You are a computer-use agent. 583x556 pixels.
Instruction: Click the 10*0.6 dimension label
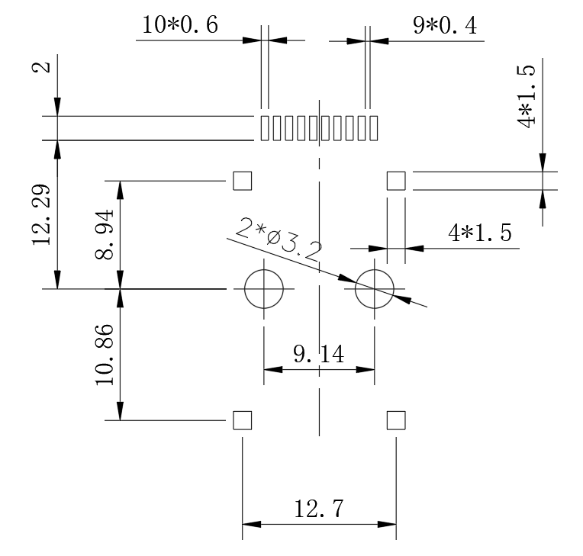pos(180,25)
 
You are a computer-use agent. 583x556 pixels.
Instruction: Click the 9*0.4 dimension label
pos(445,25)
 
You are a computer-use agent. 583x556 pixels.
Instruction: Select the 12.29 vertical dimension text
pos(42,214)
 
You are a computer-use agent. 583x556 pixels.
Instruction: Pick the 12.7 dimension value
pos(319,509)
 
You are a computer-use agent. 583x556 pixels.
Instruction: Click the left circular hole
pos(264,289)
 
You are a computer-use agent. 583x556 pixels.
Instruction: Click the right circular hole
pos(374,289)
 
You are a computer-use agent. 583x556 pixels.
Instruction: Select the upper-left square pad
pos(242,181)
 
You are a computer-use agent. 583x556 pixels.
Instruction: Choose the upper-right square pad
pos(396,181)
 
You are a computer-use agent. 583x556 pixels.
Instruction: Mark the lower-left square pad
pos(242,420)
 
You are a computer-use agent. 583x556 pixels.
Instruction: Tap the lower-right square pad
pos(396,420)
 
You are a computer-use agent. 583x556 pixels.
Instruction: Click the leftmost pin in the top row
pos(265,128)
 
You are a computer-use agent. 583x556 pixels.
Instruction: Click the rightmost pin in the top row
pos(373,128)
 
